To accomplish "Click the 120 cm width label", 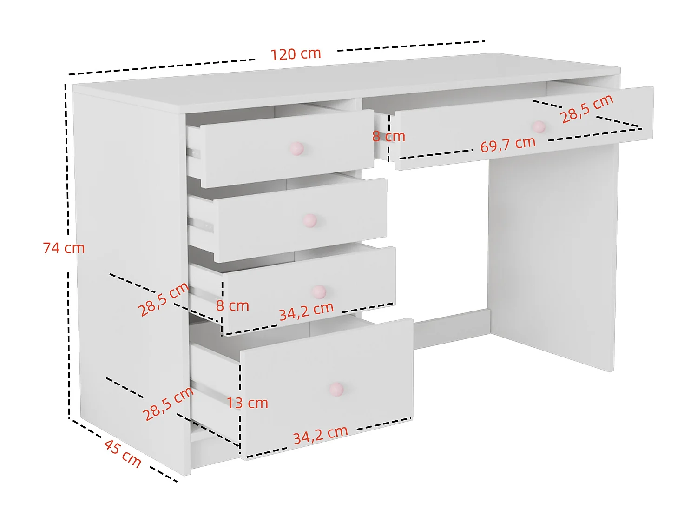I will point(296,54).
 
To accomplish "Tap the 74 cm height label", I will point(64,248).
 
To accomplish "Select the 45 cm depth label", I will point(123,453).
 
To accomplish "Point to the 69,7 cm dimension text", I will point(508,145).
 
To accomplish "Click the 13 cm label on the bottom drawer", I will point(247,403).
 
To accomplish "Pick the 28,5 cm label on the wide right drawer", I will point(587,109).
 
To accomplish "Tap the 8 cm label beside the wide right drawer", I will point(388,137).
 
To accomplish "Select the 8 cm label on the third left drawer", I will point(232,306).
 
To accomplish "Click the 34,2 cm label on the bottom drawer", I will point(320,435).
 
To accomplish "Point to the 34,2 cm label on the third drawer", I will point(306,311).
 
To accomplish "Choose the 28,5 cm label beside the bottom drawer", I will point(167,404).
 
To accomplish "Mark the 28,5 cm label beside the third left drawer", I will point(163,299).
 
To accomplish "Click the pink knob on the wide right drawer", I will point(539,126).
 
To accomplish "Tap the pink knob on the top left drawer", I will point(296,149).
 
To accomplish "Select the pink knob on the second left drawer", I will point(309,220).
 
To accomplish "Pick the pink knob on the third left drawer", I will point(319,292).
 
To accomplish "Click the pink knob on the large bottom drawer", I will point(336,389).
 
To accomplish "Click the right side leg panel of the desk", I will point(553,256).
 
